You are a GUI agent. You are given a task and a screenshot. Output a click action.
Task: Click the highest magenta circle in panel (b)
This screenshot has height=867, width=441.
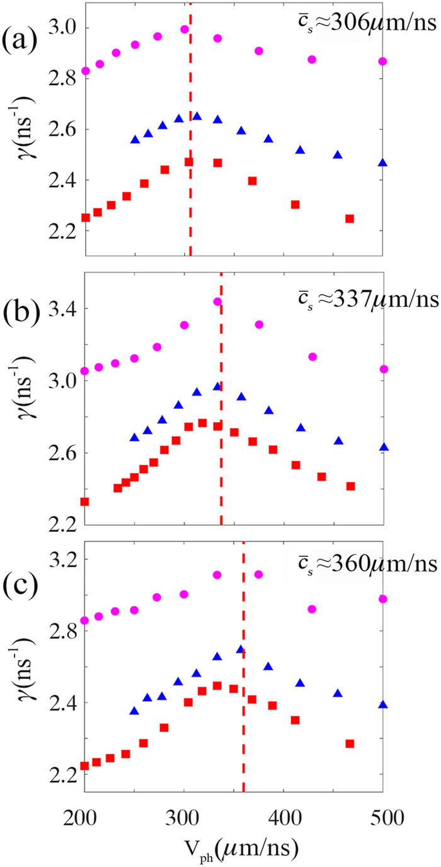(x=217, y=302)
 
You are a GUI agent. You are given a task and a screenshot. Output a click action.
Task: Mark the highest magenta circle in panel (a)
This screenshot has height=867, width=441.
(x=185, y=29)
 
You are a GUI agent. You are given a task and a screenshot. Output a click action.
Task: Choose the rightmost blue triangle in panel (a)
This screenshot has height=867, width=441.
(x=382, y=163)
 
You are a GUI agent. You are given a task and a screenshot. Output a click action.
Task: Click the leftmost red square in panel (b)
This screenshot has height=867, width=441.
(x=84, y=502)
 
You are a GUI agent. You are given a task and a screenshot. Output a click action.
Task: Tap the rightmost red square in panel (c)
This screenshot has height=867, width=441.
(x=350, y=743)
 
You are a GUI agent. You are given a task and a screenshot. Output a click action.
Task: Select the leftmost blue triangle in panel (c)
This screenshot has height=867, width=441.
(x=134, y=711)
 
